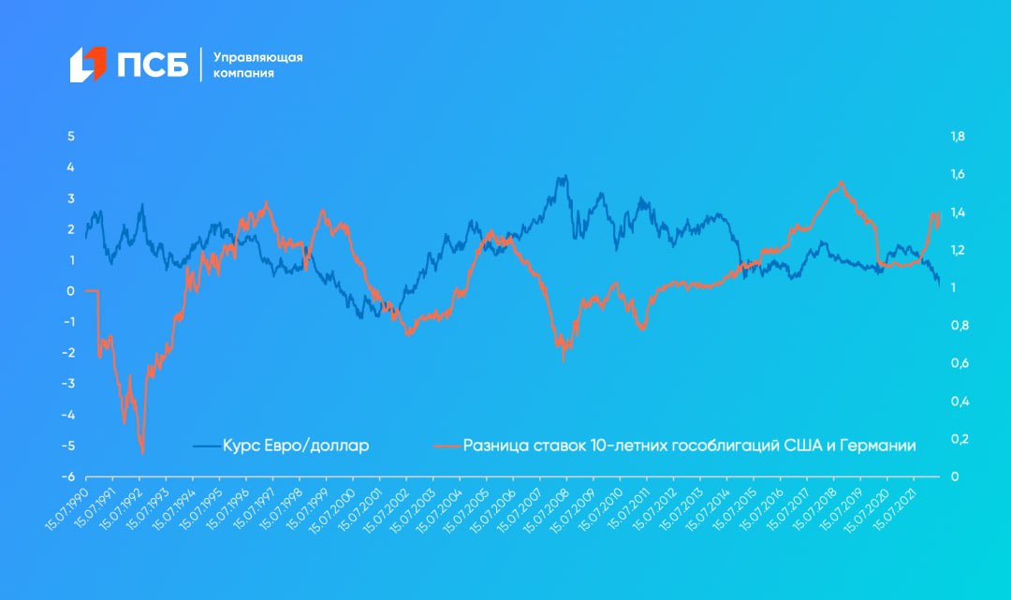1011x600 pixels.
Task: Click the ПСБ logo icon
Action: pyautogui.click(x=89, y=64)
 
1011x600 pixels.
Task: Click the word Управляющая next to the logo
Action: pyautogui.click(x=258, y=57)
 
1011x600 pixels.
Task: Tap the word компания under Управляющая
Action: pyautogui.click(x=243, y=73)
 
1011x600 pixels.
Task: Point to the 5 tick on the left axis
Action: pyautogui.click(x=70, y=137)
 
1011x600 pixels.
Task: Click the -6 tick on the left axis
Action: pyautogui.click(x=68, y=476)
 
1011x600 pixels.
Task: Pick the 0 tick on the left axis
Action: pyautogui.click(x=70, y=291)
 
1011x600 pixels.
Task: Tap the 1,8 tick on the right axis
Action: pyautogui.click(x=957, y=137)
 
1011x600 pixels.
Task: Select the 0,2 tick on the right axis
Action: pyautogui.click(x=957, y=439)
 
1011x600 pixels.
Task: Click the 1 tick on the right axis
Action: pyautogui.click(x=953, y=288)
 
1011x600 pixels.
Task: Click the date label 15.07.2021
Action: pyautogui.click(x=894, y=508)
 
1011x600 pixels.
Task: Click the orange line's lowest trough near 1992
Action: pyautogui.click(x=142, y=453)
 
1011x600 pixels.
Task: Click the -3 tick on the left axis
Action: pyautogui.click(x=68, y=384)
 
